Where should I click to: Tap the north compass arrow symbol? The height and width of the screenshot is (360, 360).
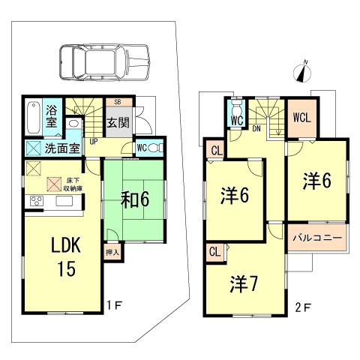[301, 73]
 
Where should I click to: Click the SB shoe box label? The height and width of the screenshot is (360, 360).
[118, 102]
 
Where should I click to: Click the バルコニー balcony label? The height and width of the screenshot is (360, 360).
[317, 238]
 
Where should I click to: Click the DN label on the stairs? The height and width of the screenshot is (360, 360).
[256, 128]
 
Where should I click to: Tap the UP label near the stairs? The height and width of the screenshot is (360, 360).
[93, 140]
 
